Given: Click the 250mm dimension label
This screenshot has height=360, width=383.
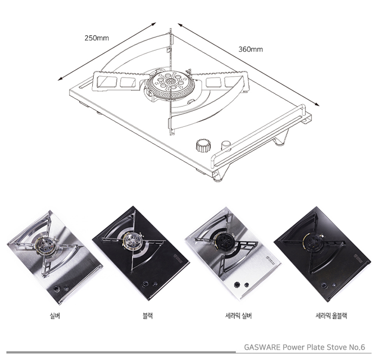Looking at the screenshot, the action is (x=97, y=38).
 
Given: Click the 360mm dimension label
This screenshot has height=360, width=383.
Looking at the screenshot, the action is (x=250, y=49).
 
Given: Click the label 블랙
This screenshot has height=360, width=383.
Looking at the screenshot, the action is (x=148, y=317).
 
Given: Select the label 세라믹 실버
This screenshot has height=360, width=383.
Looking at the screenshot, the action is (x=238, y=317).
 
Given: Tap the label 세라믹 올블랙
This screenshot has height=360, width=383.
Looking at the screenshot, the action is (x=331, y=317).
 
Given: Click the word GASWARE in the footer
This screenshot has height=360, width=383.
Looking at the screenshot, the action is (x=262, y=347).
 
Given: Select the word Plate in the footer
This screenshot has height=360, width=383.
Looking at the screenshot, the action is (x=317, y=347).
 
